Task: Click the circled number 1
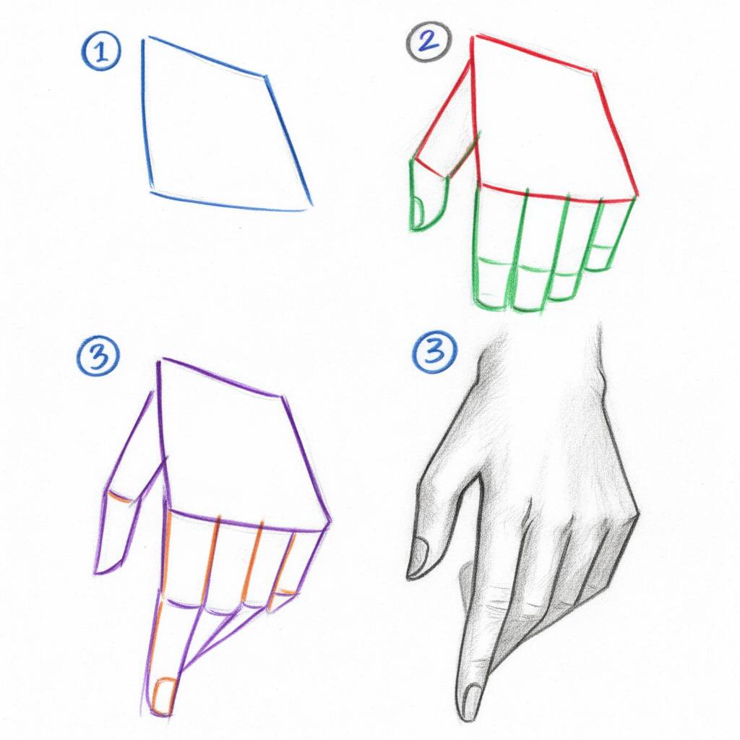[x=101, y=53]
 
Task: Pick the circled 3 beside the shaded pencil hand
[x=434, y=353]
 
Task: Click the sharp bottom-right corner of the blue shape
[x=310, y=205]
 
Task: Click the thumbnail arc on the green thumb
[x=418, y=210]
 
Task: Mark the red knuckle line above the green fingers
[x=556, y=194]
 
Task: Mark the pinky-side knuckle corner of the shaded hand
[x=637, y=514]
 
